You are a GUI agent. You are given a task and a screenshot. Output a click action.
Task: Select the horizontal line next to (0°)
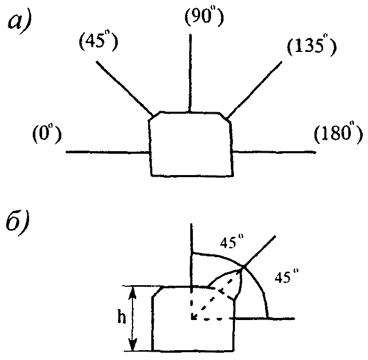[x=107, y=152]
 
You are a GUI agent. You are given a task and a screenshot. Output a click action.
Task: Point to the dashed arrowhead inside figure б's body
[x=194, y=316]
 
